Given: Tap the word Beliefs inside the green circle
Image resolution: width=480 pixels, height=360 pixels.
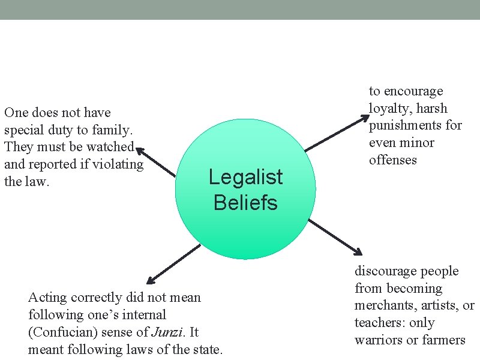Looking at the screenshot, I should click(245, 203).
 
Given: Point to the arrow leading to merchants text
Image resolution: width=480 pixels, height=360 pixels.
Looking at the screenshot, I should click(335, 235).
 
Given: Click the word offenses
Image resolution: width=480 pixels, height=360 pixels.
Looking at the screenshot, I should click(393, 160).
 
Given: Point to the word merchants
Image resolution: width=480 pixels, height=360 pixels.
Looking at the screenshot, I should click(385, 305).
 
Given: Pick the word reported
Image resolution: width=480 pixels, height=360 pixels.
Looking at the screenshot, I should click(54, 164).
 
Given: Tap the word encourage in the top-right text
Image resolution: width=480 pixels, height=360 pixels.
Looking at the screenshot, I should click(413, 91).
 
